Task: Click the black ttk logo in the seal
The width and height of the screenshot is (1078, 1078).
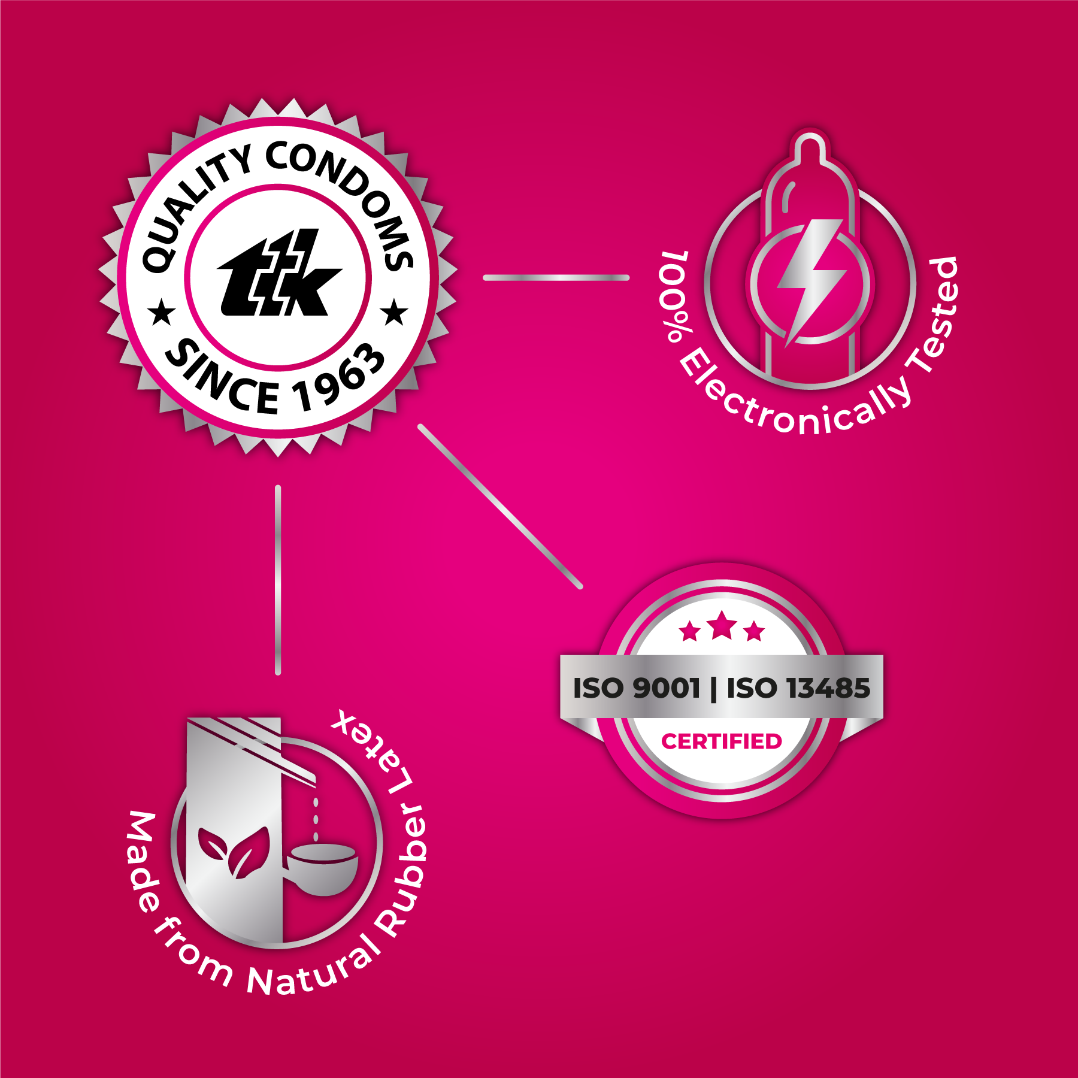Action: click(279, 273)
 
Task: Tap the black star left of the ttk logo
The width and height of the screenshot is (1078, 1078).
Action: click(161, 313)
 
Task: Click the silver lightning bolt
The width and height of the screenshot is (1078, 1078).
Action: click(811, 281)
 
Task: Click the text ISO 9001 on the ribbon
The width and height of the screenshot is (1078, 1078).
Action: click(636, 688)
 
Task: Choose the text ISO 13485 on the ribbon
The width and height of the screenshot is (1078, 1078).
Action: click(798, 688)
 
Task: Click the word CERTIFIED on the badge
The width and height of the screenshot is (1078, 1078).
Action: click(722, 741)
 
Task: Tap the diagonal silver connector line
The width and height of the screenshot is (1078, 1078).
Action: click(499, 507)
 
